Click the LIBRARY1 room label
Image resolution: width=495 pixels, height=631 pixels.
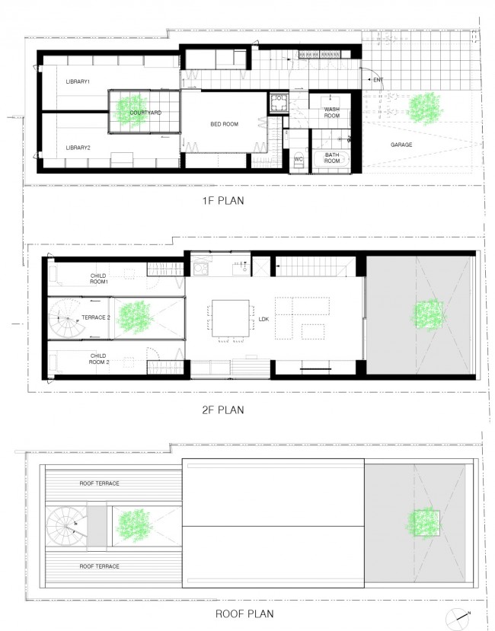tap(78, 81)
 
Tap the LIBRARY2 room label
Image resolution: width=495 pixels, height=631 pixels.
tap(78, 148)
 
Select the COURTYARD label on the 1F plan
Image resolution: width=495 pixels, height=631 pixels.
tap(145, 113)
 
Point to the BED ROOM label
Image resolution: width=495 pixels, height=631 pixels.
tap(225, 124)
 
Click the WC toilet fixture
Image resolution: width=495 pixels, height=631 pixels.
tap(299, 160)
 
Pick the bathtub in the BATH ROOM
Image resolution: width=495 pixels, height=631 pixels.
tap(331, 162)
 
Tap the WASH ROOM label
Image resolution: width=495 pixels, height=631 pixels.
tap(332, 113)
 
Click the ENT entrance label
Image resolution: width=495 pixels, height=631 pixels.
tap(378, 80)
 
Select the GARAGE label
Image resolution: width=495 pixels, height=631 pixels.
tap(401, 145)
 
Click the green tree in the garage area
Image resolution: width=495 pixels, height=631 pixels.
tap(426, 108)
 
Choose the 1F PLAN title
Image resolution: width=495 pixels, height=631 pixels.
tap(223, 200)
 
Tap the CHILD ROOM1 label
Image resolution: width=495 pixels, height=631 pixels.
tap(99, 279)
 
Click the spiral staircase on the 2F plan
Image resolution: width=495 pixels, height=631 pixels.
tap(67, 319)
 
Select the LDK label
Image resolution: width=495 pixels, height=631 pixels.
tap(263, 319)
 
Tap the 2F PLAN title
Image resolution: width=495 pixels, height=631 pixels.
tap(223, 410)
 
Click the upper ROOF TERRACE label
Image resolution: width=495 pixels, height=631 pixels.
tap(100, 483)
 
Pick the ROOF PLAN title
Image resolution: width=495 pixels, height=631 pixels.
tap(244, 613)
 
